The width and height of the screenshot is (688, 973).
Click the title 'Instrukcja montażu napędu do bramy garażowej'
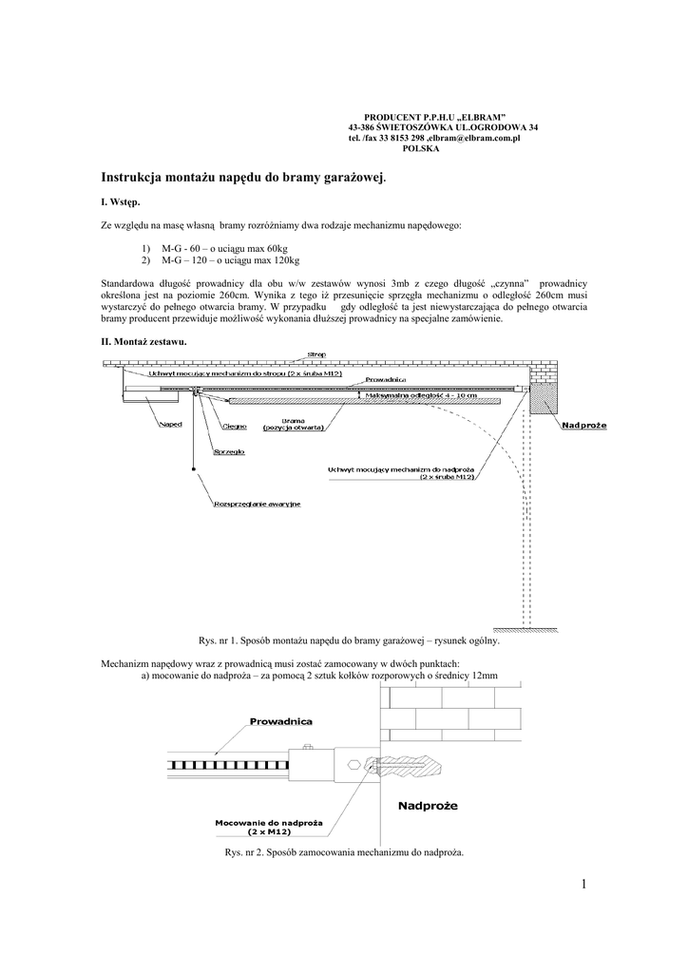click(x=243, y=177)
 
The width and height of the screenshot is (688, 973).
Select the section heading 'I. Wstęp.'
click(x=121, y=202)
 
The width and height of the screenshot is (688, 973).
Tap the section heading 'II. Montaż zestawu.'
click(x=143, y=340)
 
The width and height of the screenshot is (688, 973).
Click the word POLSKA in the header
click(x=422, y=149)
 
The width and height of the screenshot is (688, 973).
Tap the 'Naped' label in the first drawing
click(x=170, y=425)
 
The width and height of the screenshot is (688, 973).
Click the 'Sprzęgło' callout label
click(x=229, y=451)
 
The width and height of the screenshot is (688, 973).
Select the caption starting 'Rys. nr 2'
click(x=343, y=851)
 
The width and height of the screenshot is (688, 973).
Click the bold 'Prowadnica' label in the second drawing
click(x=280, y=722)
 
